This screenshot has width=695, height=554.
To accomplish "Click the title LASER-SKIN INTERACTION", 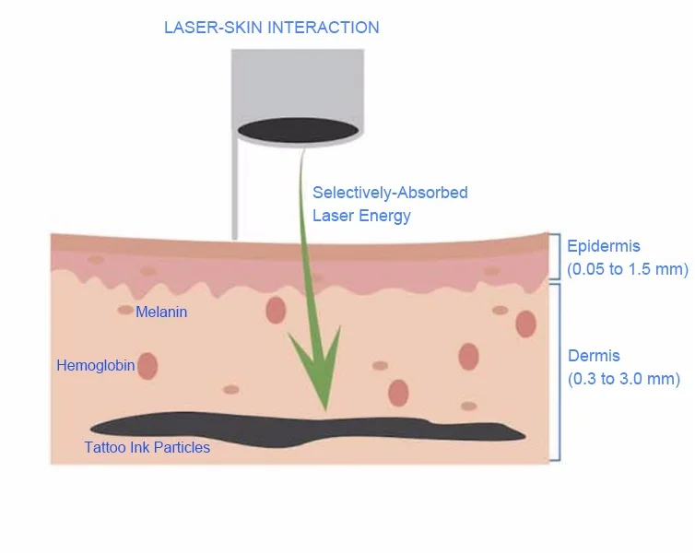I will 271,27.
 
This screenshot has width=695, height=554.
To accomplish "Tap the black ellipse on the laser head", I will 298,128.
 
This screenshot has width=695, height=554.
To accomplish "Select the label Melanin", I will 161,312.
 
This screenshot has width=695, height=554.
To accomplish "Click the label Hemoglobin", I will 96,366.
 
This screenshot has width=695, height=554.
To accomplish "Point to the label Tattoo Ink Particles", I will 147,448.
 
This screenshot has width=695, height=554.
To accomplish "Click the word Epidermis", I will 604,246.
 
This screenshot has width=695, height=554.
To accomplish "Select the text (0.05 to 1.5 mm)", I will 628,269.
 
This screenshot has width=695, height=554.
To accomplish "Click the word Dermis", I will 594,356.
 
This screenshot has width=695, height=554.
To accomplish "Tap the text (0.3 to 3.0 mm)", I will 624,379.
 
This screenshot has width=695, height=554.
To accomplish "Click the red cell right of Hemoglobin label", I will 147,366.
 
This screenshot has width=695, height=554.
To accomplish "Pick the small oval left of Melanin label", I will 125,311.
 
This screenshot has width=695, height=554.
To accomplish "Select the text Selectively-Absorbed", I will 390,193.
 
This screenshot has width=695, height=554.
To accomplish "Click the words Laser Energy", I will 361,216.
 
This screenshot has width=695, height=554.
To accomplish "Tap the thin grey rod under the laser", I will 237,194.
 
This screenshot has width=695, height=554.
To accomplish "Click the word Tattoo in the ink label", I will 105,448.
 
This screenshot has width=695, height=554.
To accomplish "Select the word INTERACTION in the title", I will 323,27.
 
